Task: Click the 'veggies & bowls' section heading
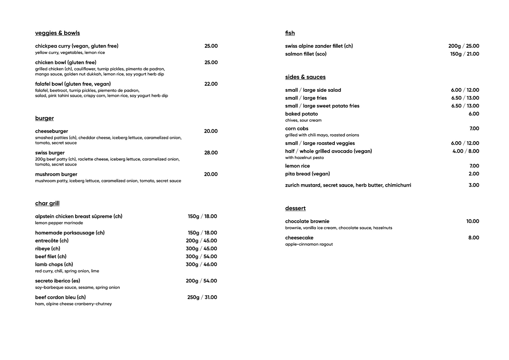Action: [57, 33]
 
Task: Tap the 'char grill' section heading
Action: [47, 203]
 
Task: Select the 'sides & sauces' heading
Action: [305, 77]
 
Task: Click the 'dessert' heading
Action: [295, 208]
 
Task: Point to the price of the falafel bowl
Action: [211, 84]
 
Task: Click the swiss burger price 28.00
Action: [211, 153]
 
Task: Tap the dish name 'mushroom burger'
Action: [56, 174]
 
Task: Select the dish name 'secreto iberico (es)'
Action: [58, 281]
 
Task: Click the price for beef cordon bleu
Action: [202, 297]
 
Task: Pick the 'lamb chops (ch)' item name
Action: [54, 265]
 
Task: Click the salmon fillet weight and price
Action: [465, 54]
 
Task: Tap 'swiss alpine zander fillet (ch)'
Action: [319, 46]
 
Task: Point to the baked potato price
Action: [474, 114]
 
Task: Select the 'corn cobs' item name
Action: [297, 129]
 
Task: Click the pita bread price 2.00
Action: [474, 174]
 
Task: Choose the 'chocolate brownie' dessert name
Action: [307, 221]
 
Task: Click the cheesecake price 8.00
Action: [474, 238]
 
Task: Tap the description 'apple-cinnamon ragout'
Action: [309, 244]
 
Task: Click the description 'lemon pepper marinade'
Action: [59, 223]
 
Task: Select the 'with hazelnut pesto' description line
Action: [305, 158]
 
